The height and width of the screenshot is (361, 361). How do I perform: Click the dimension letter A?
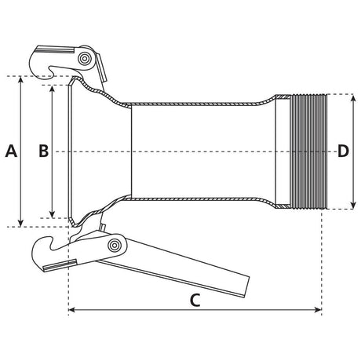(x=11, y=151)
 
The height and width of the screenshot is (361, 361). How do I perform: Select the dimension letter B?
(x=44, y=151)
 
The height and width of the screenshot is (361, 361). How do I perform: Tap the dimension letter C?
(x=196, y=299)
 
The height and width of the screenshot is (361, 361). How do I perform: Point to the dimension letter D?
(x=343, y=151)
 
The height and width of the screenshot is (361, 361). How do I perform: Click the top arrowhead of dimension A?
(x=20, y=79)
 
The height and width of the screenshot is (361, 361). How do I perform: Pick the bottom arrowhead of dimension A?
(x=20, y=223)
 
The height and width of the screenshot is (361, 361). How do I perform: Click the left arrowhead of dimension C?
(x=73, y=311)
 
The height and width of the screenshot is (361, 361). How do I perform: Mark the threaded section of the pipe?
(x=306, y=151)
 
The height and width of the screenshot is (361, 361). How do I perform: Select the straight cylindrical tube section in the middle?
(x=204, y=151)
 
